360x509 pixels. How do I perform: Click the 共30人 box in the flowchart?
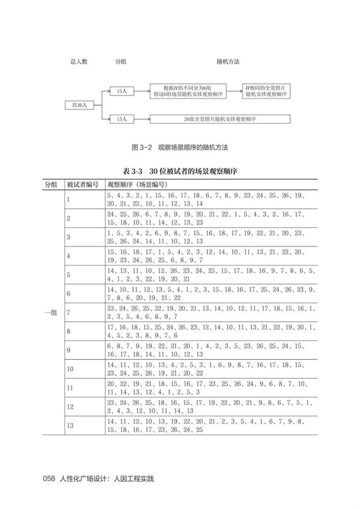pyautogui.click(x=79, y=105)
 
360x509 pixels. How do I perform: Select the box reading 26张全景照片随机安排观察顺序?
pyautogui.click(x=220, y=119)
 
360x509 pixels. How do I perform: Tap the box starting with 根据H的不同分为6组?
pyautogui.click(x=188, y=91)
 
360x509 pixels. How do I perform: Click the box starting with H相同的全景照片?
pyautogui.click(x=266, y=91)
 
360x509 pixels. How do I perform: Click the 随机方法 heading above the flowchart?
pyautogui.click(x=228, y=62)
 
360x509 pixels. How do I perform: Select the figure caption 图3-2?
pyautogui.click(x=179, y=147)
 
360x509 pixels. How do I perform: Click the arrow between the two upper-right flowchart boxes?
pyautogui.click(x=235, y=91)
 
